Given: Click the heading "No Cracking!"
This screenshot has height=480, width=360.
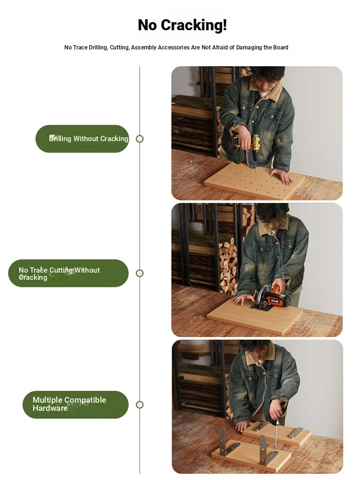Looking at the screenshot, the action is point(182,25).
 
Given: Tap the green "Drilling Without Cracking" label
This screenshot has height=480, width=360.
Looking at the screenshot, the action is point(83,139).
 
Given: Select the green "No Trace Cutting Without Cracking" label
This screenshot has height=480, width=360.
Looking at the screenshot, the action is point(68,273).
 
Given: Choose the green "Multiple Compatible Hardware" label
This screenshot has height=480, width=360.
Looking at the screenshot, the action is point(76,404).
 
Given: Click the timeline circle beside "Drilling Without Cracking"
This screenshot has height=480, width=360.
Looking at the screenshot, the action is point(140,139).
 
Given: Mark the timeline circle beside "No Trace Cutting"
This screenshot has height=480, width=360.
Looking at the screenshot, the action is point(140,273).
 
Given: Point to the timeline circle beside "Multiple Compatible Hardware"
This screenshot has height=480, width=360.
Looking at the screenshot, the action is point(140,405).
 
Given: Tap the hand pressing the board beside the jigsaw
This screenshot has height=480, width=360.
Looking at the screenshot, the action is point(243,300).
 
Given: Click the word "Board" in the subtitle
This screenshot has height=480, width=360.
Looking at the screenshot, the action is point(281,48).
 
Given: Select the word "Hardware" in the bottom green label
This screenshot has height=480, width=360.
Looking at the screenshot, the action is point(50,408).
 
